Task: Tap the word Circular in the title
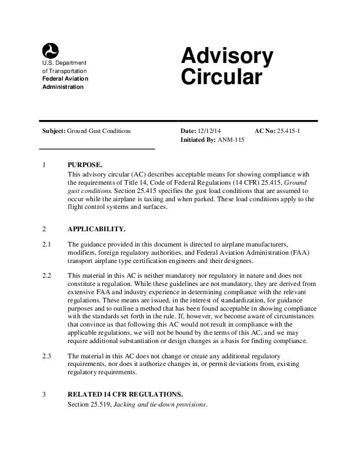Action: point(221,78)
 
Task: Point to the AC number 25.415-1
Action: point(289,130)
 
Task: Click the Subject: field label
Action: point(54,130)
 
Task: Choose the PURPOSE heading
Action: point(86,165)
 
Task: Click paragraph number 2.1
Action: point(46,244)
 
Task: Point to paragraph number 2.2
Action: point(46,275)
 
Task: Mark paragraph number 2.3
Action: point(46,357)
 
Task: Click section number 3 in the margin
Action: point(44,394)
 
